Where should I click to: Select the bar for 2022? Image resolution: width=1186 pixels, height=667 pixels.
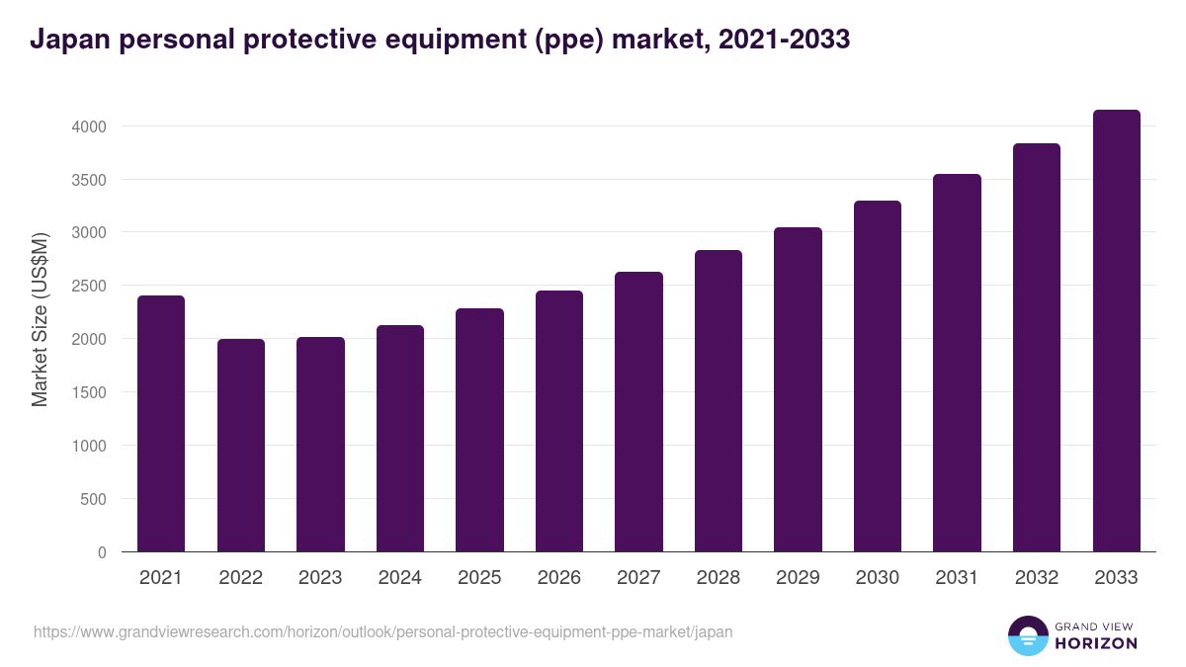coord(241,445)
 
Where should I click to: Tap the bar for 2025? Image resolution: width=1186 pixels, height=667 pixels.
coord(479,430)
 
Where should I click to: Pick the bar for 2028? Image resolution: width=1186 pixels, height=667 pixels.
coord(719,400)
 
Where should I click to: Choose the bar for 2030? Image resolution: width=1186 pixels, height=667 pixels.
coord(878,375)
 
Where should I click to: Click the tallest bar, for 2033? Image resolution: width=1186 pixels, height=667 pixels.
coord(1116,330)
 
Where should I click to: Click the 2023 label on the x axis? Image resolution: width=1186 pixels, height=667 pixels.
coord(320,578)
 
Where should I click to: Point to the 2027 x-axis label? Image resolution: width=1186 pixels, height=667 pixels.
coord(638,578)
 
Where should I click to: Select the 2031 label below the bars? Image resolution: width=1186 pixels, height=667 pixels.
coord(957,578)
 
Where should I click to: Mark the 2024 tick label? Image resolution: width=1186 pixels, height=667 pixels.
coord(399,578)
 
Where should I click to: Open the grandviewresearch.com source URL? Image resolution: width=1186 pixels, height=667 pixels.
coord(383,631)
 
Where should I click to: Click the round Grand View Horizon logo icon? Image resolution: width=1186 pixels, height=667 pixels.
coord(1027,635)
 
